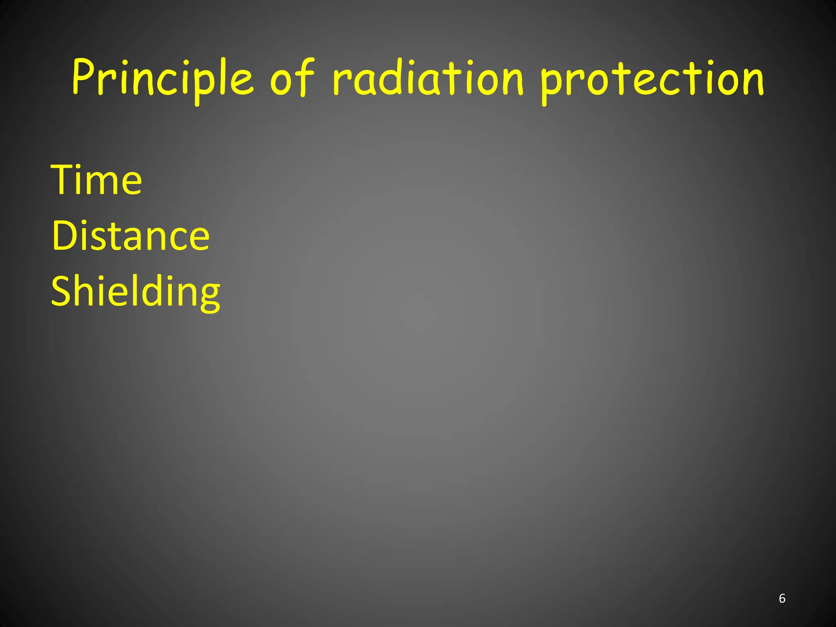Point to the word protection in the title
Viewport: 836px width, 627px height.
click(x=651, y=80)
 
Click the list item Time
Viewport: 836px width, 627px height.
click(x=96, y=180)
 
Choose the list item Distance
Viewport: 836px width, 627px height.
click(x=131, y=236)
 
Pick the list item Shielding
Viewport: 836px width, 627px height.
click(x=136, y=291)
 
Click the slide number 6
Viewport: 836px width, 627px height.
click(x=782, y=598)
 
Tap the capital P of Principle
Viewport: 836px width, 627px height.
click(x=84, y=78)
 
